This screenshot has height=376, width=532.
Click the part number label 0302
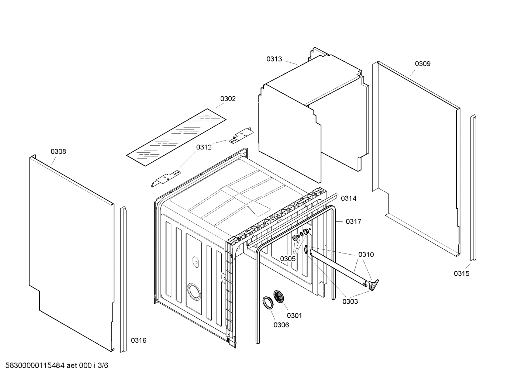(228, 99)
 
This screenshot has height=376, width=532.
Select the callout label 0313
(274, 59)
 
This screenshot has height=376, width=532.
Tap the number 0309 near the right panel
(422, 64)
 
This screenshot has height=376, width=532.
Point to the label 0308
(58, 152)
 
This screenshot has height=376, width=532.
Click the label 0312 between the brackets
(204, 147)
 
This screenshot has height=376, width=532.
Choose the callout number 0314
(348, 199)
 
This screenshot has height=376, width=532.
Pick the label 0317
(353, 222)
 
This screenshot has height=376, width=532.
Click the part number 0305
(287, 259)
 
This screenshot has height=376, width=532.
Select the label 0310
(366, 255)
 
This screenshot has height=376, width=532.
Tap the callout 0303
(350, 301)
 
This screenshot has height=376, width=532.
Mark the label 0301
(294, 315)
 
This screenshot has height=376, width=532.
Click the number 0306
(281, 325)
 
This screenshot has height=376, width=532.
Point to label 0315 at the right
(461, 274)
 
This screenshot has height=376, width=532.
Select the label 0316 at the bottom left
(138, 341)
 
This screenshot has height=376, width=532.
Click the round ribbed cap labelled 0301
(279, 297)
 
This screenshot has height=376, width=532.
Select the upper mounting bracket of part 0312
(240, 136)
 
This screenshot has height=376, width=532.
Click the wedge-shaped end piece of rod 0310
(373, 284)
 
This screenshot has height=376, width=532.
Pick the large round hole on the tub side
(194, 292)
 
